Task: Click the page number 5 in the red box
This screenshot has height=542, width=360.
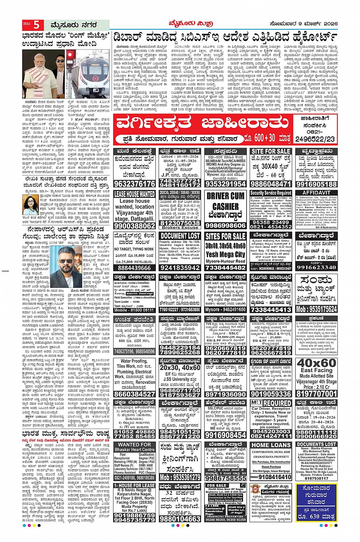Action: [37, 25]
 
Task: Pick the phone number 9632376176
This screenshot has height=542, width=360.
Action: [134, 184]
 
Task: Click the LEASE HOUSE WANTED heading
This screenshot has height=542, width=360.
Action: [134, 194]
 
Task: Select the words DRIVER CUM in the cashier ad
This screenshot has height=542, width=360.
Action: [226, 196]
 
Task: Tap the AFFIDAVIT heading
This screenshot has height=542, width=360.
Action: [316, 193]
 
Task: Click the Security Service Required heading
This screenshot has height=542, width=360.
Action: [271, 193]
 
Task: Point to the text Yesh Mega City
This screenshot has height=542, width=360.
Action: [226, 254]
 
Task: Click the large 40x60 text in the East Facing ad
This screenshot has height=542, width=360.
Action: [317, 363]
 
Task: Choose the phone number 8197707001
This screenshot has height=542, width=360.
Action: [317, 394]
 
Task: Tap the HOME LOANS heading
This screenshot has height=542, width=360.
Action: [271, 445]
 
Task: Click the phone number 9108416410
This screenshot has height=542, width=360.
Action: [271, 477]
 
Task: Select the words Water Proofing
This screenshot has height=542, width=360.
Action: [134, 361]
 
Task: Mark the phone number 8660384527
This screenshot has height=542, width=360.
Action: [134, 394]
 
